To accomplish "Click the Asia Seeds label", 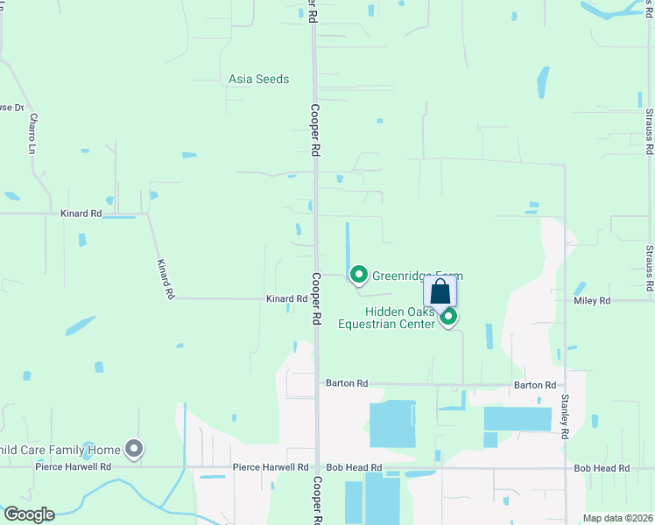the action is click(258, 79).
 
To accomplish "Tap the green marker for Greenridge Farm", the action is click(358, 275).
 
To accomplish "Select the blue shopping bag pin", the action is click(440, 291).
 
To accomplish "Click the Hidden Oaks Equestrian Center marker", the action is click(448, 316).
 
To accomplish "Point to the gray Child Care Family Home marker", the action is click(134, 449).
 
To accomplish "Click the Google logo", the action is click(28, 514).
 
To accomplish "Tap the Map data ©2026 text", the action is click(618, 518).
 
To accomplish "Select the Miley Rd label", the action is click(592, 301).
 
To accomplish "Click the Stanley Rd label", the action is click(565, 418).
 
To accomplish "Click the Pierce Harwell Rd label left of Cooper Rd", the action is click(271, 468).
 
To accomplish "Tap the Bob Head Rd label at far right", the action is click(602, 469).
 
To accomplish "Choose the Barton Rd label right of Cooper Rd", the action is click(347, 383).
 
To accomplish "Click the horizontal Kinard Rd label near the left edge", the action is click(81, 213).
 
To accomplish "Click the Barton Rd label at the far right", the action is click(534, 385).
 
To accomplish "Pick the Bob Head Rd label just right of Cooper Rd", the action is click(354, 468).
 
